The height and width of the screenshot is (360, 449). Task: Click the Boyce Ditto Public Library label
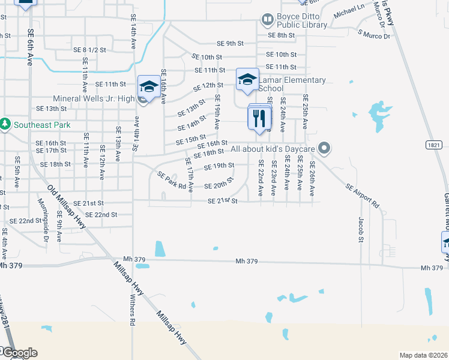[x=302, y=21]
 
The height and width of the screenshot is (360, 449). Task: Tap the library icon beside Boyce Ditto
[x=267, y=20]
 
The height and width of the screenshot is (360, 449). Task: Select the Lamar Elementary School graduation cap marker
[x=247, y=80]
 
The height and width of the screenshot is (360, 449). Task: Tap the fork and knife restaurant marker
[x=259, y=118]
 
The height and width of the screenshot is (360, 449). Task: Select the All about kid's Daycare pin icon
[x=325, y=148]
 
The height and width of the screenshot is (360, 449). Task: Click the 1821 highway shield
[x=435, y=145]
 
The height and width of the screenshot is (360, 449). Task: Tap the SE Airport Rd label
[x=363, y=196]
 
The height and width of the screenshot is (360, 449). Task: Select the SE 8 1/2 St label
[x=89, y=49]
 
